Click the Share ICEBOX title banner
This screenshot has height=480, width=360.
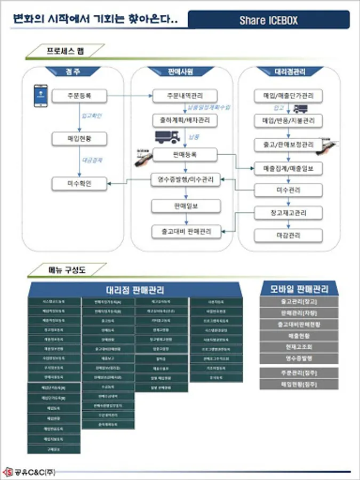point(269,20)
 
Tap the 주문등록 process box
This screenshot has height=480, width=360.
point(79,97)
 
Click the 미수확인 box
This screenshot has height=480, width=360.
point(79,184)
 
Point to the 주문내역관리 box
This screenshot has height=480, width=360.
point(185,97)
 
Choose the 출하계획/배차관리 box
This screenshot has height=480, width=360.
point(185,121)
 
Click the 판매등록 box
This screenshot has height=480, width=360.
point(185,155)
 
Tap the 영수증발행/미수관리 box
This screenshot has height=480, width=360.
point(185,179)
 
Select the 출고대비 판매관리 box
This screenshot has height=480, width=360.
point(185,231)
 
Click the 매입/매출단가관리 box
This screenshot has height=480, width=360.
point(289,97)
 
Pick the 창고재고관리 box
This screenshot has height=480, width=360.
point(289,213)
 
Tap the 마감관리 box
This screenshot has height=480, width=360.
point(289,235)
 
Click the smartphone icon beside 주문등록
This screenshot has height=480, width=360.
point(40,96)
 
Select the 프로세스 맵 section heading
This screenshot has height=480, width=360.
point(65,51)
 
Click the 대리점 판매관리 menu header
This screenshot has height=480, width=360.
point(135,290)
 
